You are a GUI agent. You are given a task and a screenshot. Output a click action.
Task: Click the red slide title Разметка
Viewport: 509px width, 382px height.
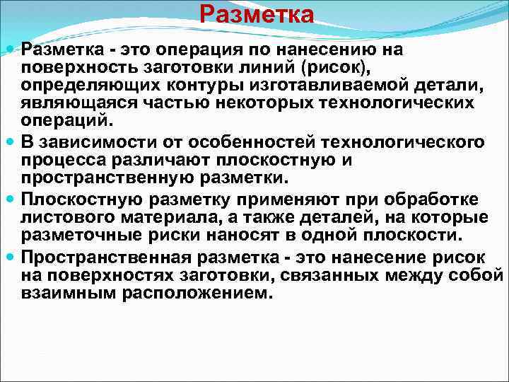pyautogui.click(x=256, y=14)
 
